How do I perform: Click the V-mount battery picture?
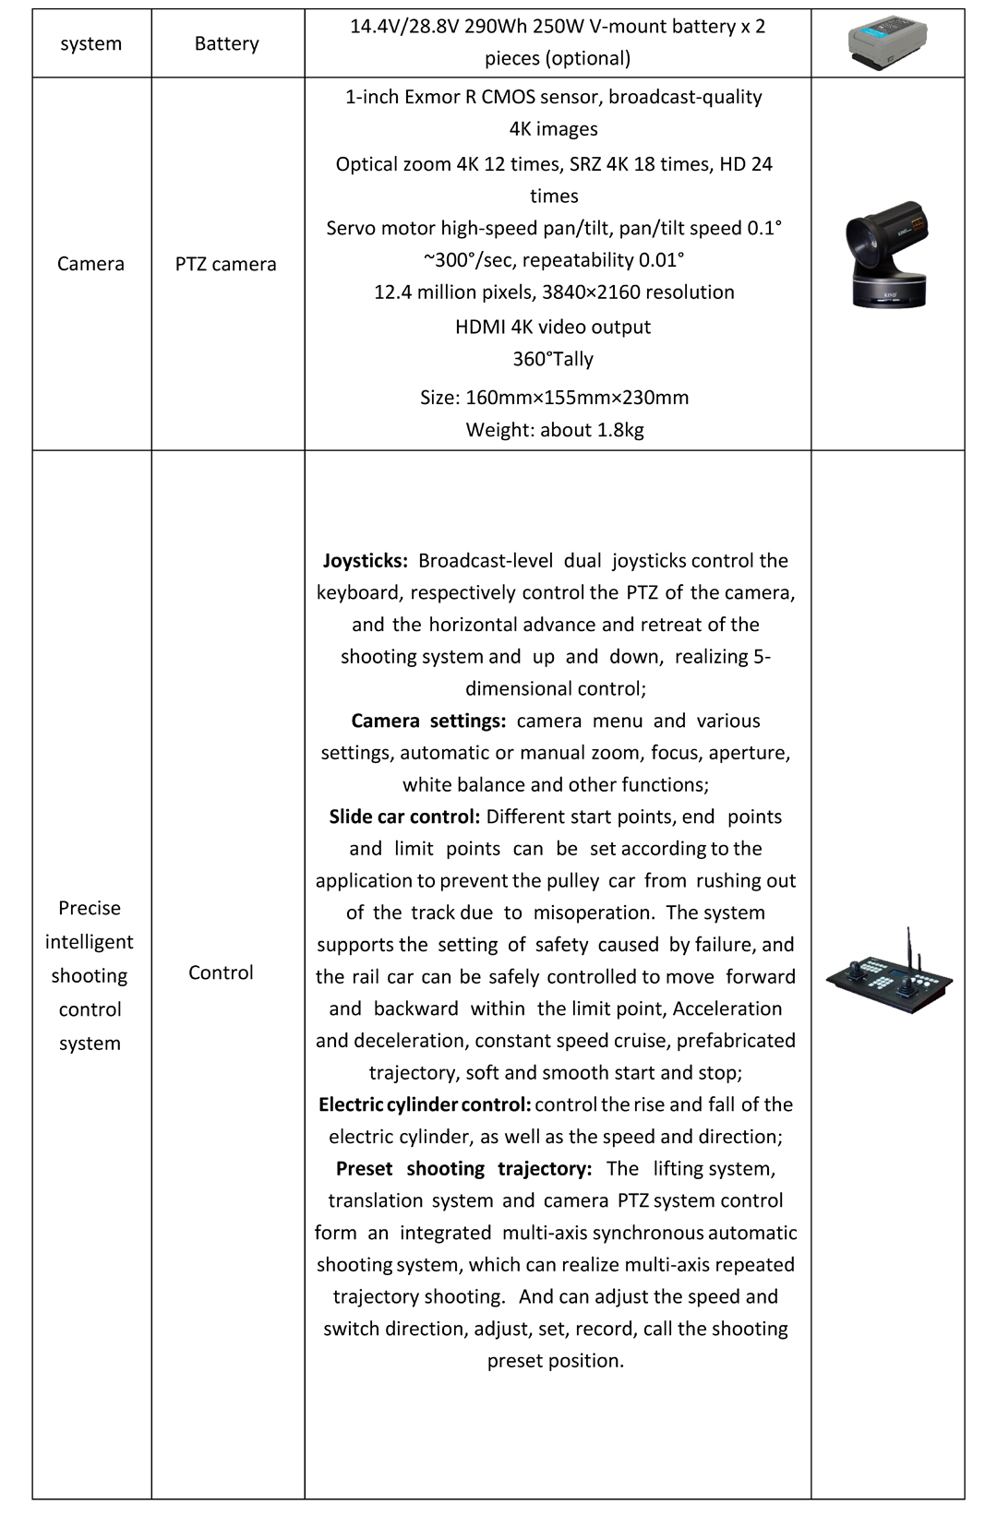pyautogui.click(x=887, y=43)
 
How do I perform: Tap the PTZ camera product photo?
pyautogui.click(x=887, y=256)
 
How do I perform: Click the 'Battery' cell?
pyautogui.click(x=227, y=43)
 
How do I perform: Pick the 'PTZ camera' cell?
pyautogui.click(x=226, y=264)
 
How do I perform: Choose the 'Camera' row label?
pyautogui.click(x=90, y=264)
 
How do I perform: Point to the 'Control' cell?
pyautogui.click(x=221, y=972)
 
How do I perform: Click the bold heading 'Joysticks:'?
pyautogui.click(x=366, y=561)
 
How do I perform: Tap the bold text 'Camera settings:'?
pyautogui.click(x=428, y=721)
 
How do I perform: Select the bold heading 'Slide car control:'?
pyautogui.click(x=404, y=817)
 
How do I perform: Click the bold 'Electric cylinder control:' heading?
pyautogui.click(x=425, y=1104)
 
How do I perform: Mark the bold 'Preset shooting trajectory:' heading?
pyautogui.click(x=463, y=1169)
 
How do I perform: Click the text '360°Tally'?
pyautogui.click(x=553, y=359)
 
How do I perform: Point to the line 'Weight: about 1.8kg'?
pyautogui.click(x=555, y=430)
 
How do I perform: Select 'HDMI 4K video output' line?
pyautogui.click(x=553, y=327)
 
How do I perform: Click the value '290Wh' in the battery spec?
pyautogui.click(x=492, y=26)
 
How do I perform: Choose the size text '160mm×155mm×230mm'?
pyautogui.click(x=577, y=398)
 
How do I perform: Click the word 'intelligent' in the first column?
pyautogui.click(x=90, y=942)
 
